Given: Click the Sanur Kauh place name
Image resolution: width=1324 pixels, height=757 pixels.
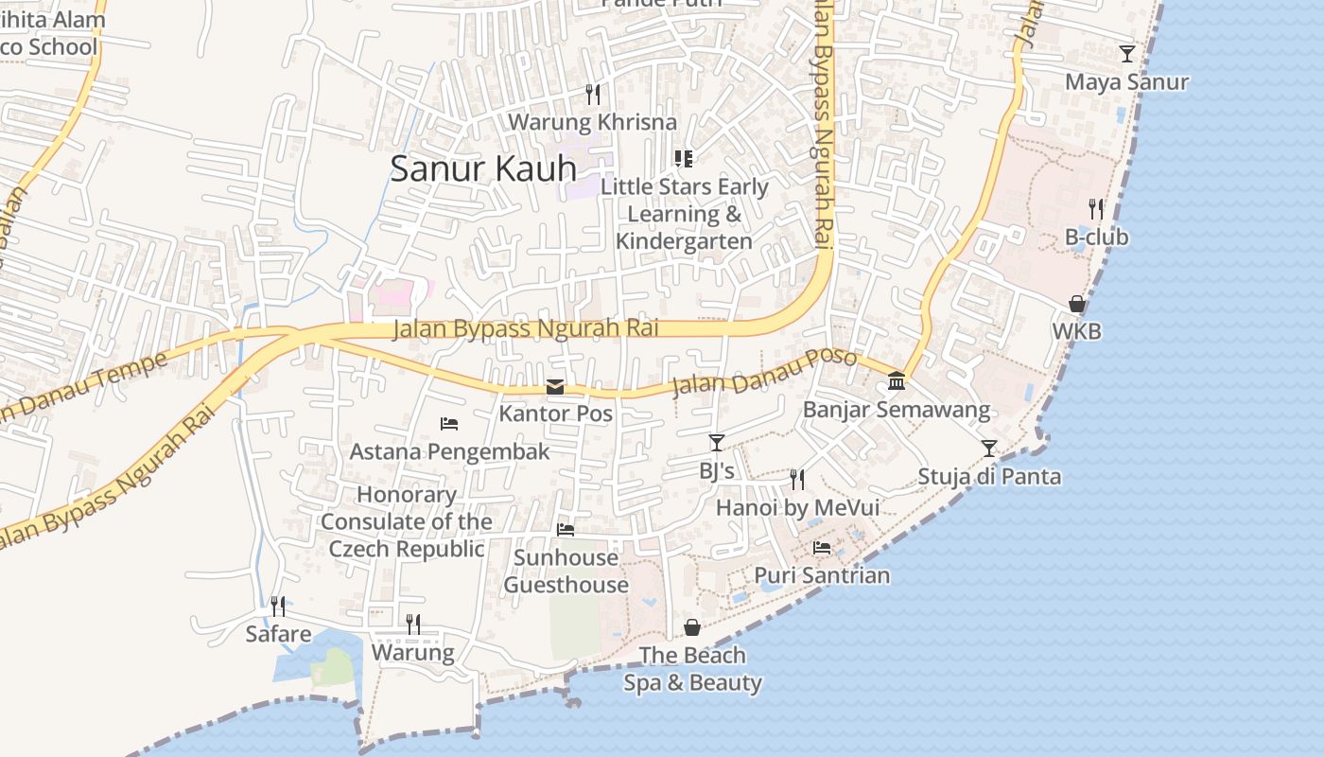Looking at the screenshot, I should (x=483, y=168).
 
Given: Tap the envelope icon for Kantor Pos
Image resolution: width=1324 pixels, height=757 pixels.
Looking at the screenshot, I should (x=555, y=387).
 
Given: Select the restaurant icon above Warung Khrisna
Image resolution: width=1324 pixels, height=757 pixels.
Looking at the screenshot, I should (x=593, y=95).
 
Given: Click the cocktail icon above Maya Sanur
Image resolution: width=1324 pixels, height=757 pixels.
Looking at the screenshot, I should (x=1126, y=53).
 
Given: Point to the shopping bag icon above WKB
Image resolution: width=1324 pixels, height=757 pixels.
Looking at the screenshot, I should (x=1076, y=304).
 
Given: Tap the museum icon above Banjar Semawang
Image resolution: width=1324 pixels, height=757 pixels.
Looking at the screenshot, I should (x=896, y=381).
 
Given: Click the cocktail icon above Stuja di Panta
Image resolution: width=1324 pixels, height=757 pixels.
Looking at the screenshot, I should (x=989, y=448).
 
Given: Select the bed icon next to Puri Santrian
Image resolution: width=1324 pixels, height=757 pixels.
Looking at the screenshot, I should (x=822, y=548).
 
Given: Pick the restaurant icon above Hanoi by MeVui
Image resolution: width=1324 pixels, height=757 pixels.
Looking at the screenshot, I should (x=797, y=480).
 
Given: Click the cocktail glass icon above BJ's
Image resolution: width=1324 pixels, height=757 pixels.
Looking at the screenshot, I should (x=717, y=442).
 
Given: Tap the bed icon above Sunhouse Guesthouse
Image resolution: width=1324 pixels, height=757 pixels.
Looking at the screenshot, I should (x=566, y=530).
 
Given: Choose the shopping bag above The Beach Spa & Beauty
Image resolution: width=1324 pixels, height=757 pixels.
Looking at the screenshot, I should (x=692, y=627).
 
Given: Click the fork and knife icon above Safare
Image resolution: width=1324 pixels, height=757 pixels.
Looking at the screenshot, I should (x=278, y=606).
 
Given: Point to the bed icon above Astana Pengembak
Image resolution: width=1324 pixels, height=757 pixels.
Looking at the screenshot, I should (x=449, y=424).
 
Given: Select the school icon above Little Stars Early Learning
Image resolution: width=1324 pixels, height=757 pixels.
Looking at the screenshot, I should (x=683, y=159).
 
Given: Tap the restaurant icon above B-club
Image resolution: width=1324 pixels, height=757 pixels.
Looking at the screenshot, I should (x=1096, y=208).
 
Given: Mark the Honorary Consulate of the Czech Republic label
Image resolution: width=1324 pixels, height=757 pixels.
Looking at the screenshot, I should (x=407, y=521).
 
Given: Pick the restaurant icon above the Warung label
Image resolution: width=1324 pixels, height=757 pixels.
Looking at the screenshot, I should (x=413, y=625).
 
